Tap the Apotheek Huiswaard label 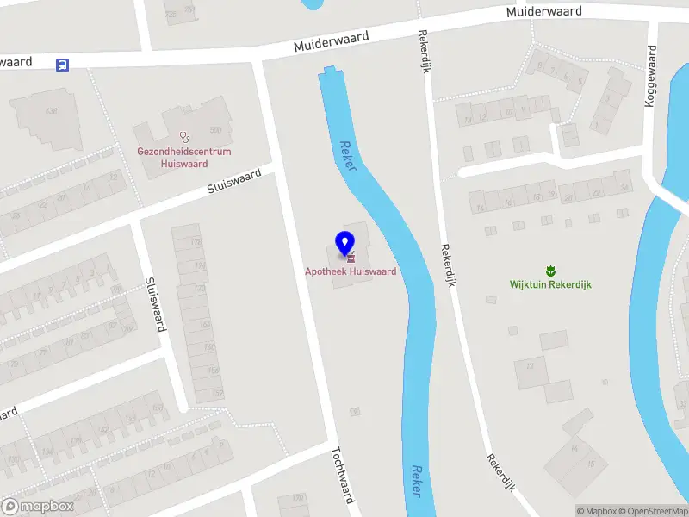[x=351, y=271]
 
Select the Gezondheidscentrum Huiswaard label [x=184, y=157]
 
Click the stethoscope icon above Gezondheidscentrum [x=183, y=136]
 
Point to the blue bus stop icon [x=62, y=65]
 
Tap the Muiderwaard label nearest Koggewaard [x=544, y=12]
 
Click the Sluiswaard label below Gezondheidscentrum [x=233, y=183]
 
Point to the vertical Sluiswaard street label [x=155, y=303]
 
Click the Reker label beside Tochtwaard [x=417, y=482]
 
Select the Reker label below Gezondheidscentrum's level [x=348, y=156]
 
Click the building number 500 [x=215, y=130]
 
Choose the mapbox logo [x=38, y=507]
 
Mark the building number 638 [x=51, y=111]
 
